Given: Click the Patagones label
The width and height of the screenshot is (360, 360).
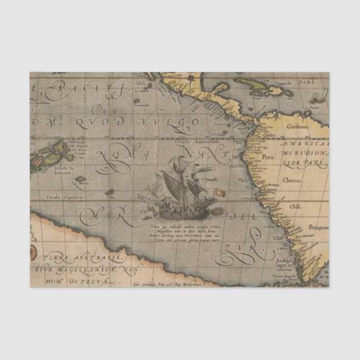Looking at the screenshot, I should pyautogui.click(x=317, y=228).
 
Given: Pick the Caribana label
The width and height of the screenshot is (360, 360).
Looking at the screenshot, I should pyautogui.click(x=298, y=127).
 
